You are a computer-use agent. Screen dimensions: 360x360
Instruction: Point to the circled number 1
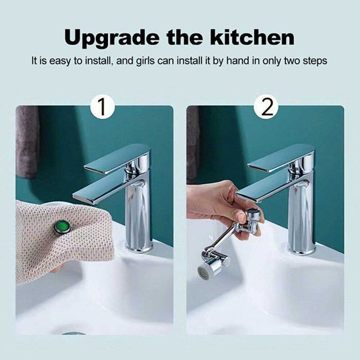(103, 107)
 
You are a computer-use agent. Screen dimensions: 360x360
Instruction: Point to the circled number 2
(266, 107)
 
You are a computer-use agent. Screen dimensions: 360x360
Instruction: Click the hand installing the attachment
(214, 205)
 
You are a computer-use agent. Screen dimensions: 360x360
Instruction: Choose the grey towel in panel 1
(27, 140)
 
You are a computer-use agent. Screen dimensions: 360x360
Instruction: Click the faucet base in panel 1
(139, 247)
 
